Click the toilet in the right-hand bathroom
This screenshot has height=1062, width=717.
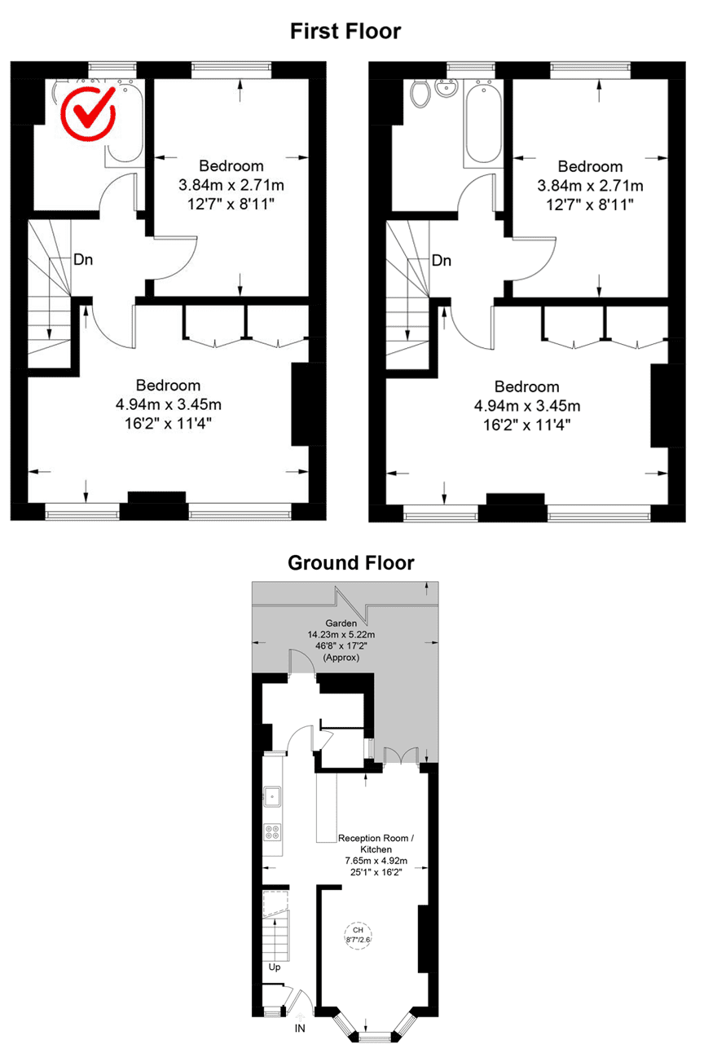click(420, 95)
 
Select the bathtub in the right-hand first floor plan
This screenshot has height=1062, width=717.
click(484, 123)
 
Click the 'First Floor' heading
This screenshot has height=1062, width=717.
click(345, 32)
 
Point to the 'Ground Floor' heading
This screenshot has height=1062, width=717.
click(350, 562)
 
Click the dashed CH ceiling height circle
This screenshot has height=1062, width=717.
click(357, 933)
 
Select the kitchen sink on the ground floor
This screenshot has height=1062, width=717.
click(273, 795)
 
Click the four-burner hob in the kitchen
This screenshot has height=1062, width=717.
click(273, 832)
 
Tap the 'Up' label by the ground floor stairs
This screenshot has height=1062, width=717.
click(275, 967)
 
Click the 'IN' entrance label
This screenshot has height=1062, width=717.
click(300, 1029)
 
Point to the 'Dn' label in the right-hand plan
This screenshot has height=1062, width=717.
click(442, 261)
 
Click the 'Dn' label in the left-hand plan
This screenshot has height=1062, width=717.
click(83, 261)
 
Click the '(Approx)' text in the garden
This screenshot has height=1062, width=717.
click(341, 658)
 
